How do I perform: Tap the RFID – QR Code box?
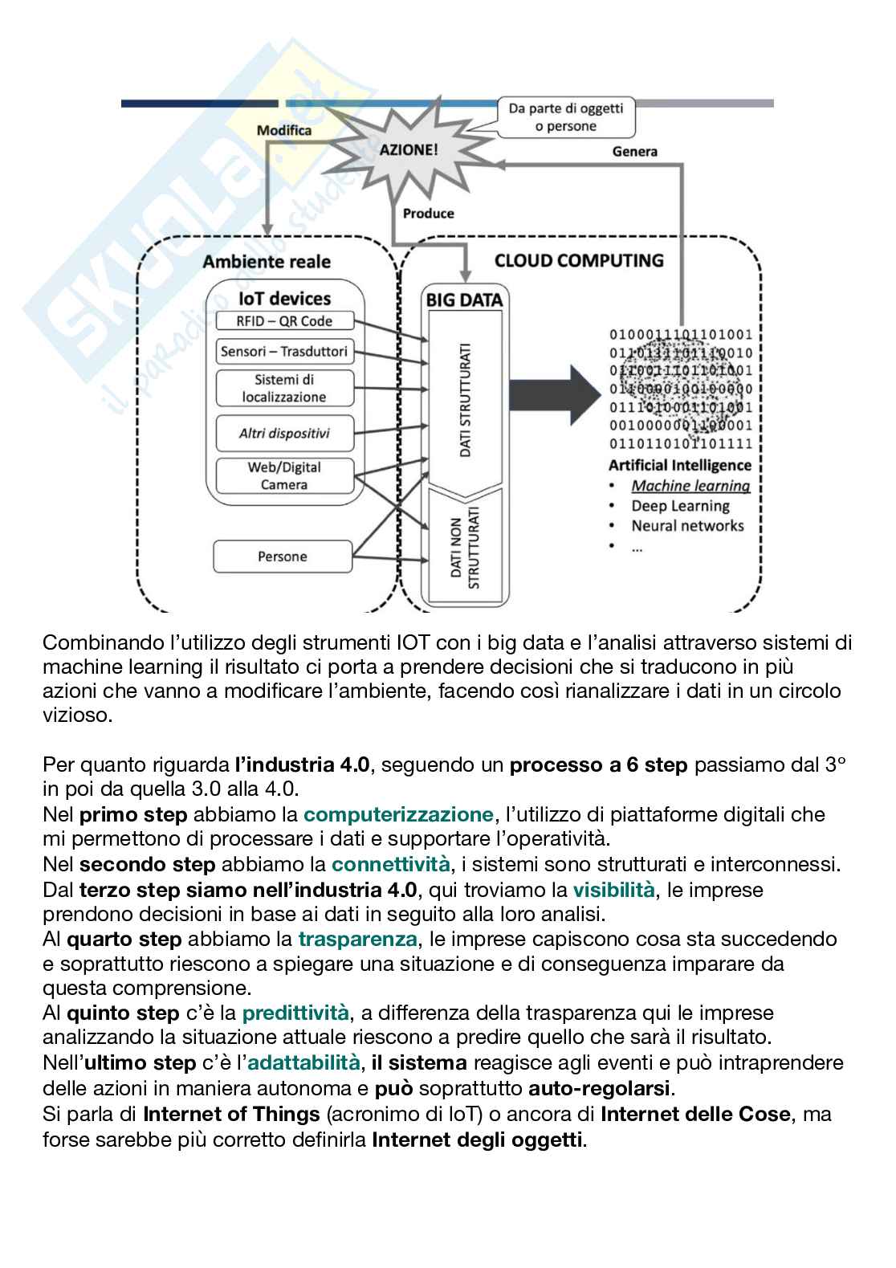(x=284, y=321)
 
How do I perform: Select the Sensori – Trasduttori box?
(x=284, y=352)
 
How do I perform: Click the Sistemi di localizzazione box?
(x=284, y=389)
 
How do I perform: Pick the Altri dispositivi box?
(x=284, y=434)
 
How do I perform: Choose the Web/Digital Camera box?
(x=284, y=476)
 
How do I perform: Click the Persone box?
(x=283, y=557)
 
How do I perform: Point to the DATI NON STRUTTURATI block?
(x=464, y=546)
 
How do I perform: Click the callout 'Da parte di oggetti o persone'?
(x=566, y=117)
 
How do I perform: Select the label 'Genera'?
(x=634, y=151)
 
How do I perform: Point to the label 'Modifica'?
(x=284, y=130)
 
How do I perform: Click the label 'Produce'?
(x=428, y=214)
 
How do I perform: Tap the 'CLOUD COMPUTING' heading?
(x=579, y=261)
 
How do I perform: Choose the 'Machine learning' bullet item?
(x=690, y=486)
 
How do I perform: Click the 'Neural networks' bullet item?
(x=687, y=526)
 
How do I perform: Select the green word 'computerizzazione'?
(x=398, y=814)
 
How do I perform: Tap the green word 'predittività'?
(x=295, y=1013)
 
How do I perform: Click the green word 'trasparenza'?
(x=357, y=939)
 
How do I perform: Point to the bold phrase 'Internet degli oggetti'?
(x=479, y=1140)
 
